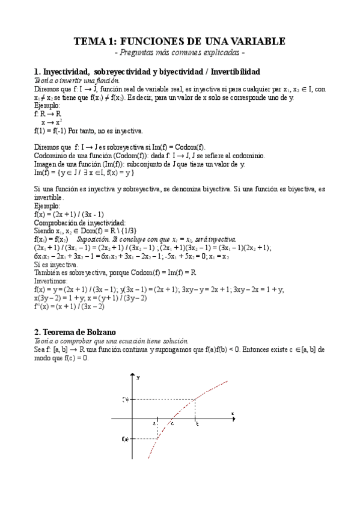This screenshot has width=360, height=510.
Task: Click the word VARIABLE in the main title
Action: [255, 41]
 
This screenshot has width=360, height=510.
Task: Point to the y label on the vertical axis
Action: [138, 377]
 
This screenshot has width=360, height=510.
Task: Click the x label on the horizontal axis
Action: [232, 413]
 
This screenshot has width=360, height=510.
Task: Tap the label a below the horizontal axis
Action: [154, 423]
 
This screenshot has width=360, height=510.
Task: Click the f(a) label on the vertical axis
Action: [125, 439]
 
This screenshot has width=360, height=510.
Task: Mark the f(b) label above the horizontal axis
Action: [125, 398]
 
